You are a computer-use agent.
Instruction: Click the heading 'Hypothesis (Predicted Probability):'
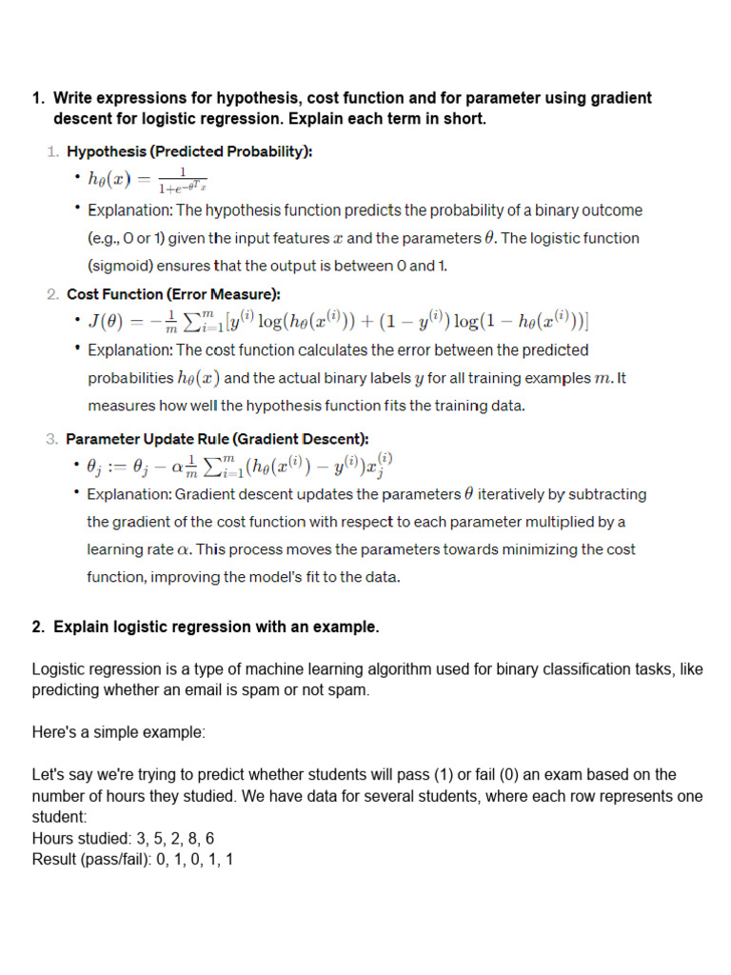[189, 151]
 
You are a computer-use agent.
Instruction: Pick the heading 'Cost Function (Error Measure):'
[173, 294]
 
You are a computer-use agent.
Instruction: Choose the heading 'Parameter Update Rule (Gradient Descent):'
[217, 439]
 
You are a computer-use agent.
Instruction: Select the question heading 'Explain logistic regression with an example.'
[216, 627]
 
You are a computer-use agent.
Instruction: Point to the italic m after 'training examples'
[603, 378]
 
